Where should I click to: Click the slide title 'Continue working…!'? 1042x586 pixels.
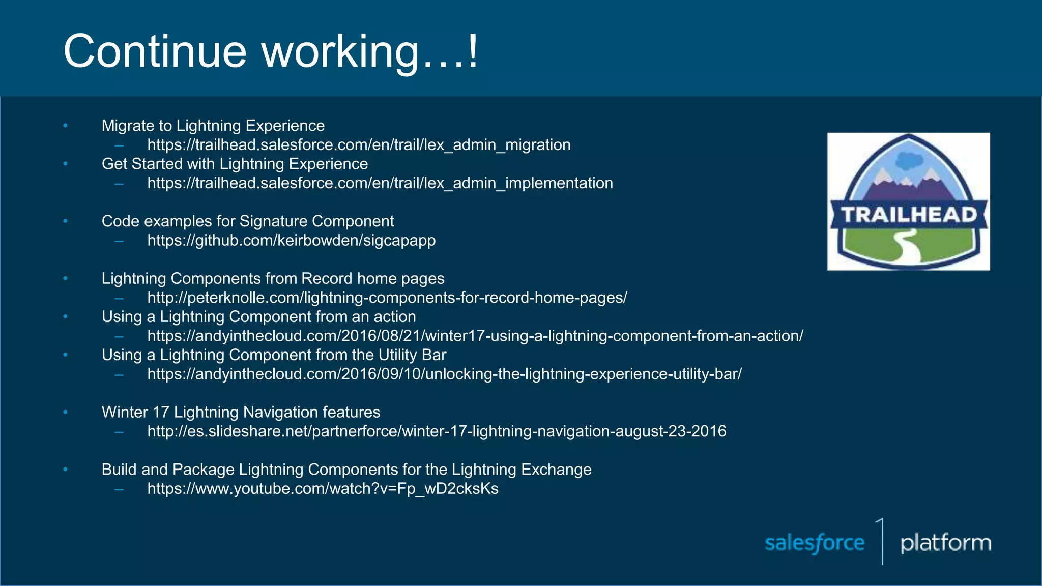[x=271, y=51]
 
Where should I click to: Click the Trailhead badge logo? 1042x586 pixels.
[x=909, y=202]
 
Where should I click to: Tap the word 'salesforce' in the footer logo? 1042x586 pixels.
[x=815, y=543]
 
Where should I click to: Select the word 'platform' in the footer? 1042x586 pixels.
[x=945, y=543]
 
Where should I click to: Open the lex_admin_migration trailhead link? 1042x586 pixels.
[x=359, y=145]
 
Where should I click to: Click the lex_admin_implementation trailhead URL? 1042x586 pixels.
[x=380, y=183]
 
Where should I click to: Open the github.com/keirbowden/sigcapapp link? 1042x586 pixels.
[x=292, y=240]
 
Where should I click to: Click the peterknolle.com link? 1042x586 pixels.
[x=387, y=298]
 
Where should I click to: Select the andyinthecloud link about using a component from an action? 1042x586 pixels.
[x=475, y=336]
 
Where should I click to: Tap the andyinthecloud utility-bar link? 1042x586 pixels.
[x=444, y=374]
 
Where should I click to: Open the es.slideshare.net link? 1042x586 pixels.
[x=437, y=431]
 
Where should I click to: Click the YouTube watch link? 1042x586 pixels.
[x=323, y=489]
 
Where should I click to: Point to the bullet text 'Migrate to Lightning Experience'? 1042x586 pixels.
[x=213, y=126]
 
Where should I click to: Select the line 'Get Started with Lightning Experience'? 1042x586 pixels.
[x=235, y=164]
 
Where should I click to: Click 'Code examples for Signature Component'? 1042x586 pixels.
[x=248, y=221]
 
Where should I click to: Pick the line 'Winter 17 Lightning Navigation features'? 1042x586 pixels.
[x=241, y=412]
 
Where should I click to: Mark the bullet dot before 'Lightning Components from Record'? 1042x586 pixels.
[x=65, y=278]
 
